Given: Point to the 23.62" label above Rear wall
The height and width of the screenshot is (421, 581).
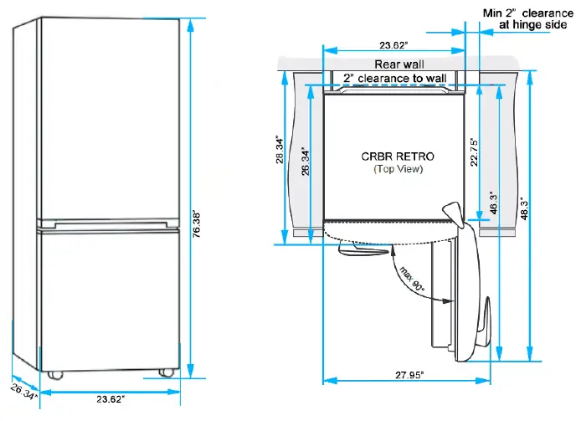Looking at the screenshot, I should pyautogui.click(x=393, y=45).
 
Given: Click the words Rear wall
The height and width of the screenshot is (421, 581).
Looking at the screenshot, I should pyautogui.click(x=398, y=64).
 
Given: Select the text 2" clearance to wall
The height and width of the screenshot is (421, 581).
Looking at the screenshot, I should pyautogui.click(x=393, y=79).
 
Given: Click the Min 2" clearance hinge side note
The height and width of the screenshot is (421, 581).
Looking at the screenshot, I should pyautogui.click(x=529, y=18).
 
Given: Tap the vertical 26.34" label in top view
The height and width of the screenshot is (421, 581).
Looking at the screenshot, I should pyautogui.click(x=307, y=160).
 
